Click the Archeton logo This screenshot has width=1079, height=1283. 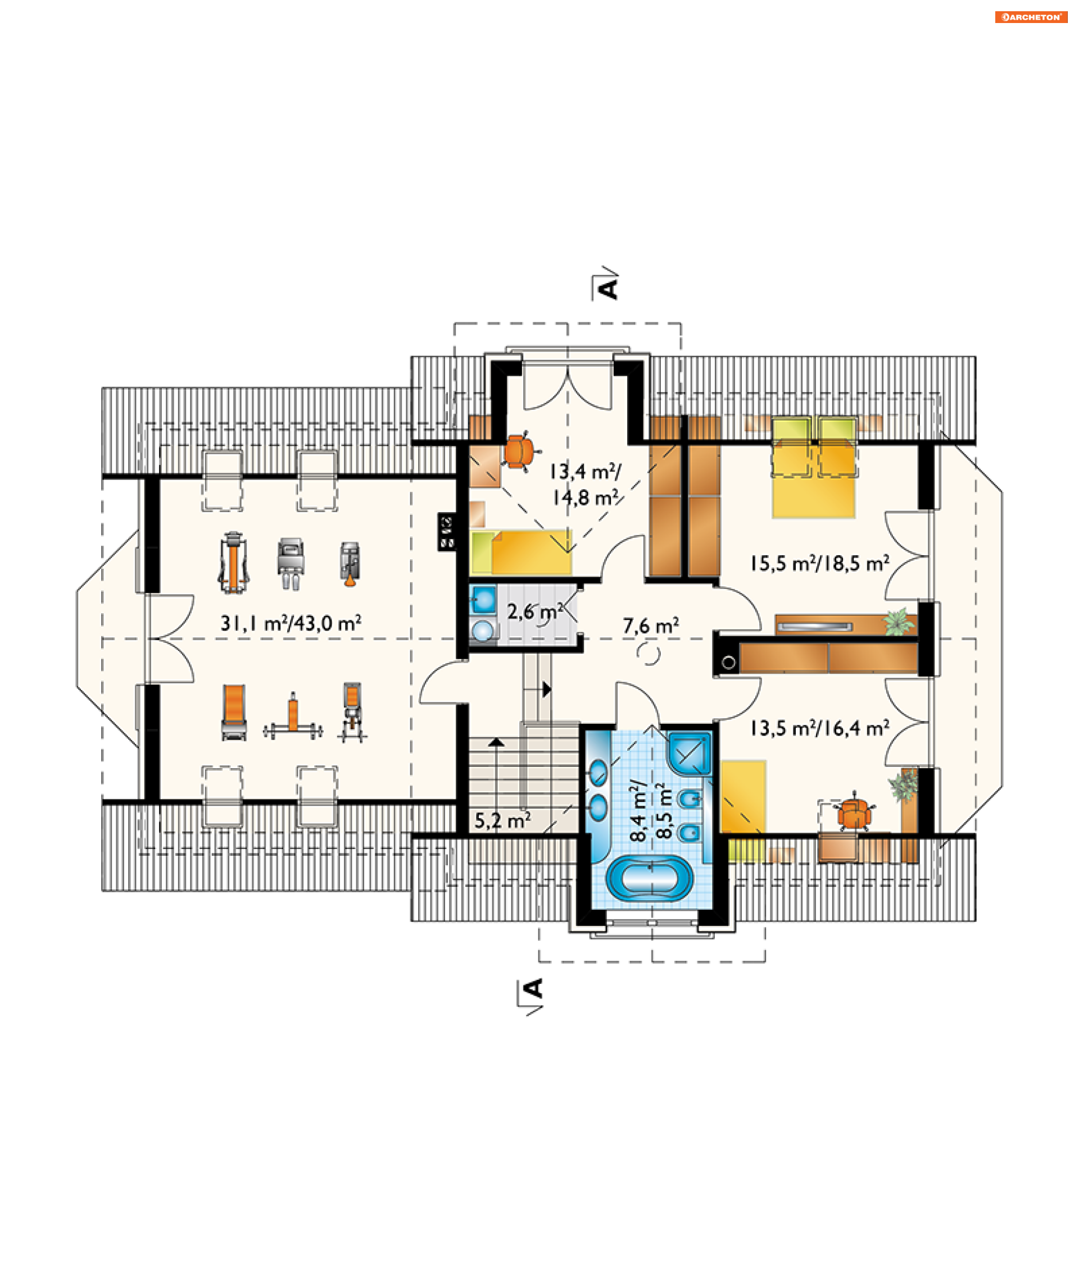coord(1031,17)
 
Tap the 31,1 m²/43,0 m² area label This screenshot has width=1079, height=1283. coord(291,623)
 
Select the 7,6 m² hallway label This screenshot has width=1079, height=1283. coord(651,626)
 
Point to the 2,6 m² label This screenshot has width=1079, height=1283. coord(535,611)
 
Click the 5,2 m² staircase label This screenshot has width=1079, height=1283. coord(503,820)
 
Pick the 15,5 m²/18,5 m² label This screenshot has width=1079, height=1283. coord(820,563)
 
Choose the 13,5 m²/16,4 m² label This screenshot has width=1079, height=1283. coord(820,728)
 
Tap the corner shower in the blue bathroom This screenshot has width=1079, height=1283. coord(690,754)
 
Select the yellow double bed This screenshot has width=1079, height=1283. coord(814,468)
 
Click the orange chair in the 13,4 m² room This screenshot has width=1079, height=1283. coord(520,451)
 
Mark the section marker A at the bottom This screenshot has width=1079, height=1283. coord(532,994)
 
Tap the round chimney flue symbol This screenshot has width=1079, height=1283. coord(728,663)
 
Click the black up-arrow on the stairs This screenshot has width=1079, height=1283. coord(496,742)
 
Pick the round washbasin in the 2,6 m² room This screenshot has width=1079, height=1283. coord(484,630)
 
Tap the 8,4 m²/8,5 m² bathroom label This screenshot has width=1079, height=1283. coord(651,811)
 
